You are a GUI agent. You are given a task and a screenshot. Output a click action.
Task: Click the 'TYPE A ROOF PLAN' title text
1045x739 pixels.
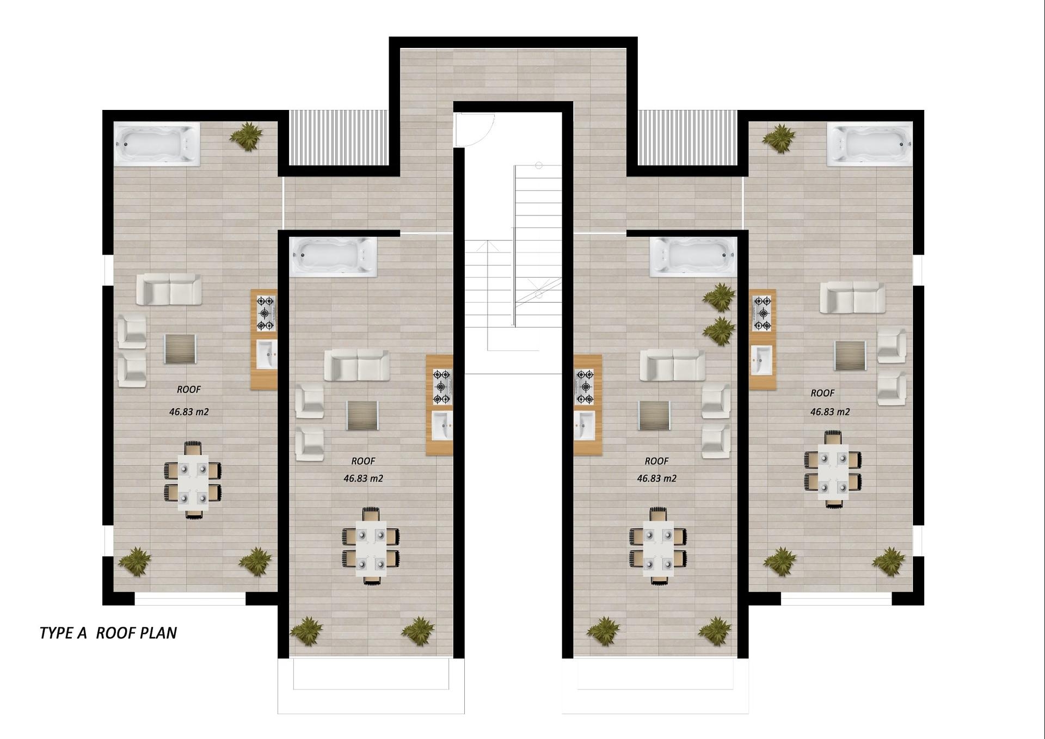[108, 633]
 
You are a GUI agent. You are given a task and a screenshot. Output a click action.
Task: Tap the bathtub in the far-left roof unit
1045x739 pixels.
[157, 144]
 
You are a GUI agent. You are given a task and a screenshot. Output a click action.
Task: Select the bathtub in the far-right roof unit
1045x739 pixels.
[869, 144]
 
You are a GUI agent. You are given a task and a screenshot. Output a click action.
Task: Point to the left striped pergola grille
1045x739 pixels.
[339, 137]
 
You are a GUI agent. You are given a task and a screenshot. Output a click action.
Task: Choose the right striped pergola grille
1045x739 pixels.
[687, 137]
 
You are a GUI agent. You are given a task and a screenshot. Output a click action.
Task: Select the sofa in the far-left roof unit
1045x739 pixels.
[169, 289]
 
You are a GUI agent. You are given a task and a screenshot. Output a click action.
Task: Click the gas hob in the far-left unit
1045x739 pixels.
[266, 313]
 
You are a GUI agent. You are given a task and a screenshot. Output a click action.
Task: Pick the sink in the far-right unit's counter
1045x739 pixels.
[761, 360]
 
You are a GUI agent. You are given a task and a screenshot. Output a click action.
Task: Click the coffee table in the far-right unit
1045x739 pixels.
[850, 355]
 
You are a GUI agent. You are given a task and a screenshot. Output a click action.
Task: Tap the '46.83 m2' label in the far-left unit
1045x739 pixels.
[189, 412]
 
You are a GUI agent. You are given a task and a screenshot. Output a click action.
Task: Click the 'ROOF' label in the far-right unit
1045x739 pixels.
[822, 393]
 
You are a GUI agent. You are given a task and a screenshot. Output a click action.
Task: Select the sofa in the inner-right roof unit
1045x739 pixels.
[672, 365]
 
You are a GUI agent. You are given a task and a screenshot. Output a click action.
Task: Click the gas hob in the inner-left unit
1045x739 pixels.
[441, 387]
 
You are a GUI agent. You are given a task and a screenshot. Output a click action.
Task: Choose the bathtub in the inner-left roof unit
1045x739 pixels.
[333, 257]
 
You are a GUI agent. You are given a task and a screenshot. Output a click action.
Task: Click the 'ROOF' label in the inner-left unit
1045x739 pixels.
[363, 461]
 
